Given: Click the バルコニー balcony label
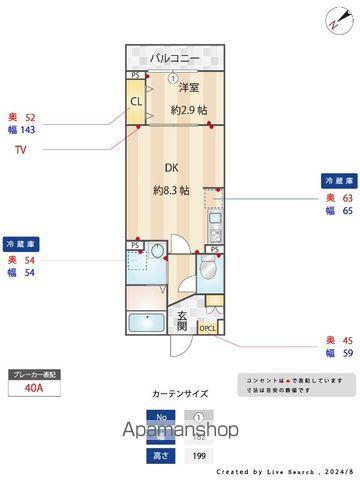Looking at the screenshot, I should (x=174, y=59).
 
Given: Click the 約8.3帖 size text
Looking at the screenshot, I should (x=172, y=190).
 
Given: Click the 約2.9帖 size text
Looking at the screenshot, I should (x=188, y=109).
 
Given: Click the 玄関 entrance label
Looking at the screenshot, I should (x=182, y=319).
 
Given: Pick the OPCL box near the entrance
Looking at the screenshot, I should (x=207, y=328).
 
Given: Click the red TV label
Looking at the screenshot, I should (x=20, y=150).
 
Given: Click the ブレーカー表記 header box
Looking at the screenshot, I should (x=35, y=373).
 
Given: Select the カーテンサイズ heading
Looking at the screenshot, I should (x=180, y=392).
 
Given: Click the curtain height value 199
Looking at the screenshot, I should (x=198, y=456).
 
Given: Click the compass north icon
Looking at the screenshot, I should (x=334, y=20).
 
